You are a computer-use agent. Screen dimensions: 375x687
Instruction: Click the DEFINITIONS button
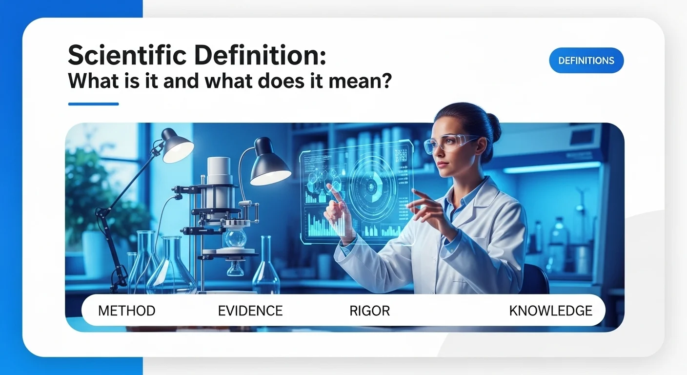(586, 61)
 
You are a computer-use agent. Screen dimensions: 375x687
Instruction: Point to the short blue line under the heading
(93, 104)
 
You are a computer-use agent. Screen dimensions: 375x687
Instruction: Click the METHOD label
(127, 311)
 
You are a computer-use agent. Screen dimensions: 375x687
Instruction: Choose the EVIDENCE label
(250, 311)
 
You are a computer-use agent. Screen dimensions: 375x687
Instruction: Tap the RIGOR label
(369, 311)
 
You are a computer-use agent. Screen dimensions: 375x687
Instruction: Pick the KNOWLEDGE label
(550, 311)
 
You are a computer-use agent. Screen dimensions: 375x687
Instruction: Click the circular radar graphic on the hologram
(371, 186)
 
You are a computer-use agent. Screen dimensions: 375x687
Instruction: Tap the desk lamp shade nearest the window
(177, 146)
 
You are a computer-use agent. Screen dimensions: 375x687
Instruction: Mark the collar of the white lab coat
(468, 195)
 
